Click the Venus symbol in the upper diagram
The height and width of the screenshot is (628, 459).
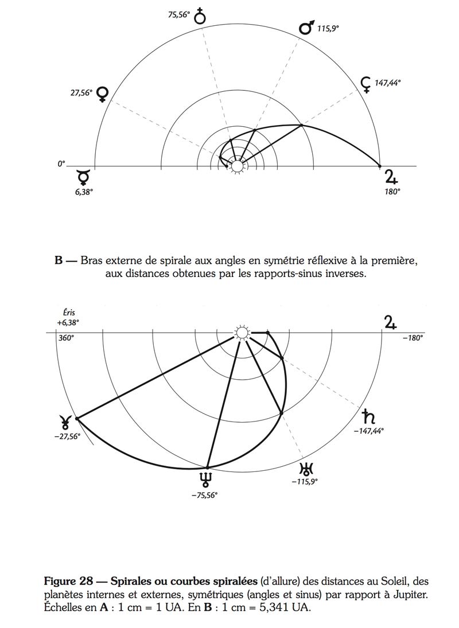coord(103,94)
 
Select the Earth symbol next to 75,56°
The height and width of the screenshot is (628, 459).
coord(200,16)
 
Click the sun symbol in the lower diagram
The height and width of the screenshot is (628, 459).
coord(242,333)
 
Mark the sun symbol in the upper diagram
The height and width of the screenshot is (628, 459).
coord(236,166)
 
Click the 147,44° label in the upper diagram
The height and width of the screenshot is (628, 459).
coord(387,83)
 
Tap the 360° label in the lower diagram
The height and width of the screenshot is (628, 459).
coord(66,338)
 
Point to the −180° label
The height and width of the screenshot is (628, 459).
coord(412,338)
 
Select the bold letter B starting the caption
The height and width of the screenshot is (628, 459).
coord(59,260)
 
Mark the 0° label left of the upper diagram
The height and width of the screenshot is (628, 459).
coord(61,164)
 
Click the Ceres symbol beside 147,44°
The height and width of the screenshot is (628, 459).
coord(365,84)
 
